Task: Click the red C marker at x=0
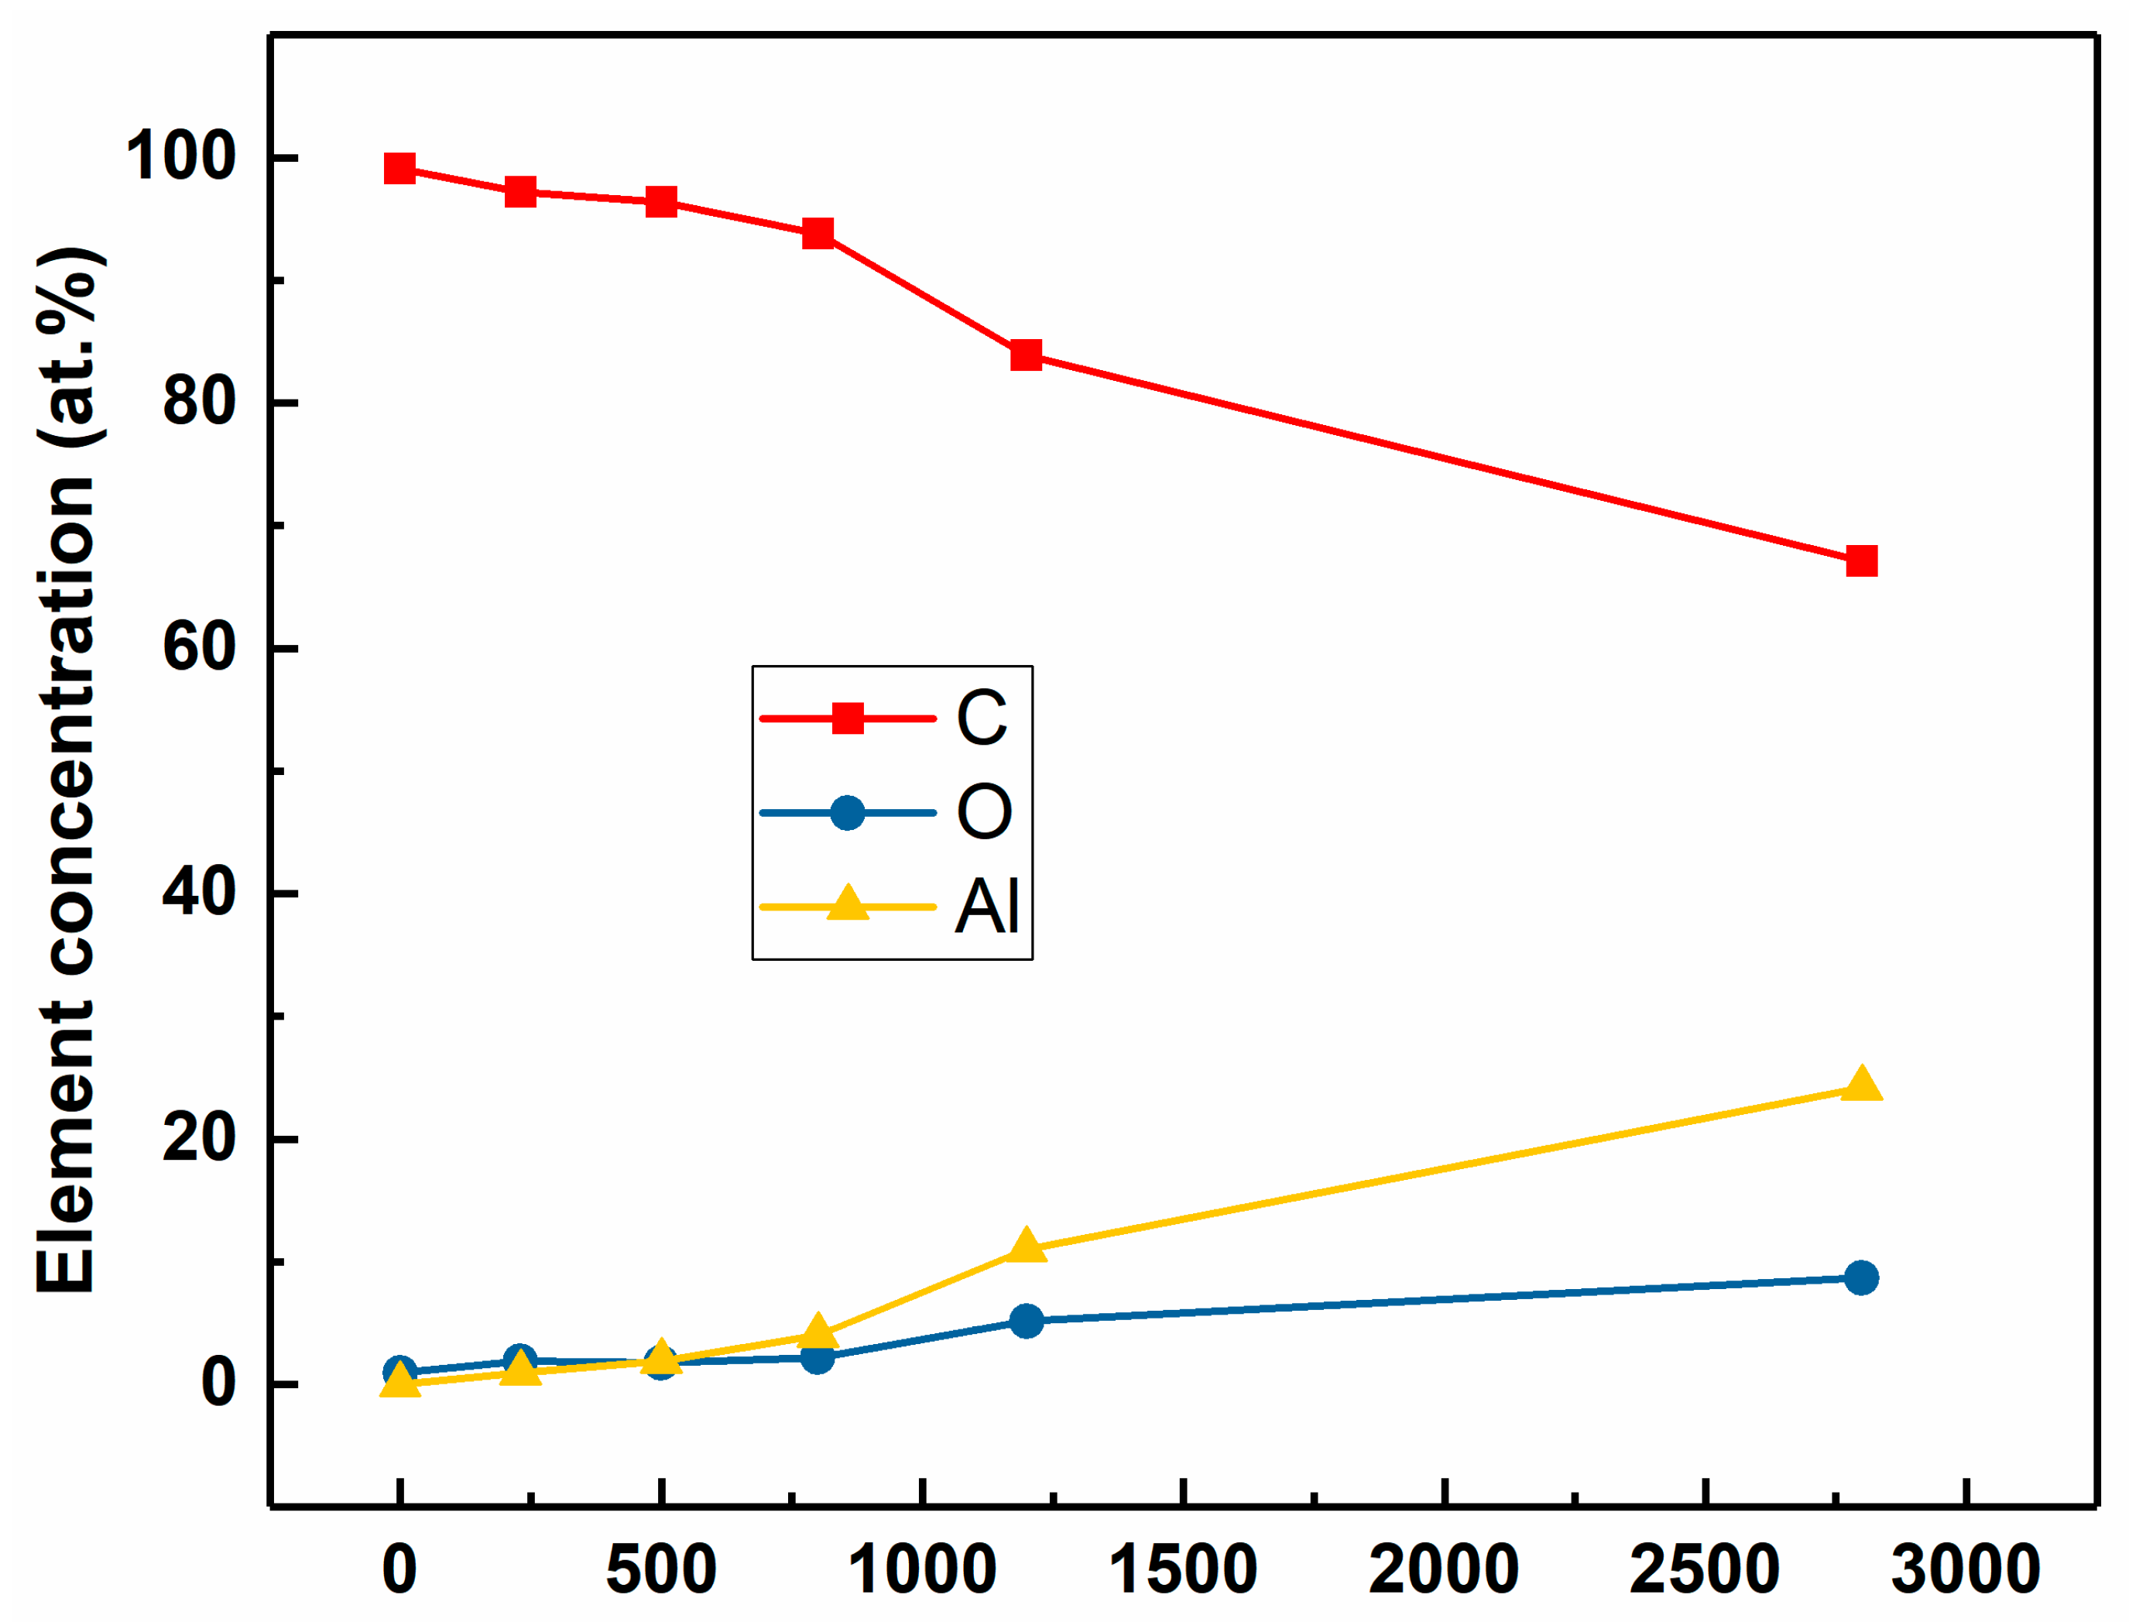pyautogui.click(x=399, y=169)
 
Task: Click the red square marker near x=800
pyautogui.click(x=818, y=233)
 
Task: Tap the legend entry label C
pyautogui.click(x=981, y=718)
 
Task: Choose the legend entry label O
pyautogui.click(x=984, y=812)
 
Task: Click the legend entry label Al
pyautogui.click(x=987, y=907)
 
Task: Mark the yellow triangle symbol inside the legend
pyautogui.click(x=848, y=904)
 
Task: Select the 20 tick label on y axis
pyautogui.click(x=199, y=1137)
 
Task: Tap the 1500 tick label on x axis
pyautogui.click(x=1183, y=1570)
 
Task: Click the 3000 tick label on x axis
pyautogui.click(x=1966, y=1570)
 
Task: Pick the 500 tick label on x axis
pyautogui.click(x=661, y=1570)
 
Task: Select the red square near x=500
pyautogui.click(x=661, y=202)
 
